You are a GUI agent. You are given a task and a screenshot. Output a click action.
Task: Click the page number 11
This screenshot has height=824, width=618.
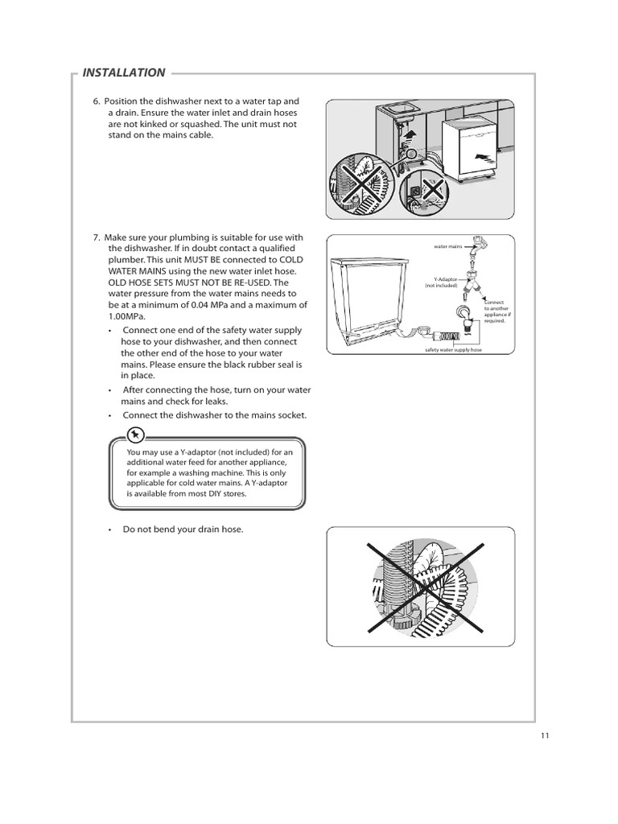[x=546, y=735]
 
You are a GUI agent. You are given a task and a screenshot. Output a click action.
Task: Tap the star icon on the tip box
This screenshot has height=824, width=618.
[x=137, y=435]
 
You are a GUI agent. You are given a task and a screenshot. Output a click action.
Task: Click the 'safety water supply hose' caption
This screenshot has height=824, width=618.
[x=453, y=352]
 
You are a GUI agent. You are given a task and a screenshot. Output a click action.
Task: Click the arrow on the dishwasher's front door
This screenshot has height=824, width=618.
[x=480, y=150]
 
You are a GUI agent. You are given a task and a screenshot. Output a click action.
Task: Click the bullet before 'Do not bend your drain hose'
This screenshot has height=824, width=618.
[x=109, y=529]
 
